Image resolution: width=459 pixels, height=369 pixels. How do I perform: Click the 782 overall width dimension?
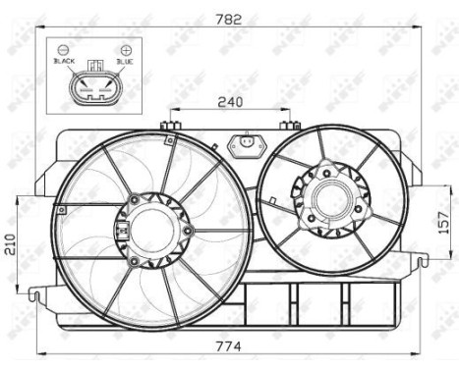coord(233,17)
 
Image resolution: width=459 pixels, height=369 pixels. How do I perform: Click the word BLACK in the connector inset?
coord(65,61)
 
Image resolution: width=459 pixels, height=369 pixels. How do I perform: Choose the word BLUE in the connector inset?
coord(124,61)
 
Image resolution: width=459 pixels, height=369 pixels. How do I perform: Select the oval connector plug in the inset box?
coord(95,89)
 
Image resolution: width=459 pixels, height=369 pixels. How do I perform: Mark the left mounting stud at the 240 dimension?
coord(171,125)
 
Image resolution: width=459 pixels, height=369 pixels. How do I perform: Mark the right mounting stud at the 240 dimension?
coord(290,125)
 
